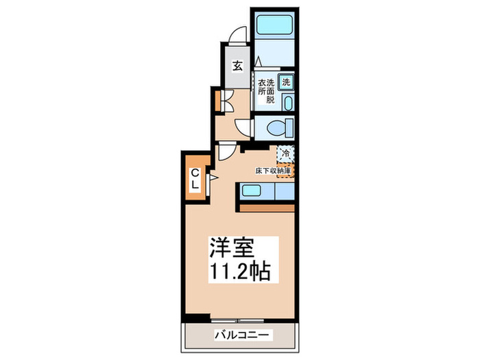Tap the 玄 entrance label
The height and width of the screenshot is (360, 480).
[237, 67]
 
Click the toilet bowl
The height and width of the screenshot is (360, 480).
[277, 128]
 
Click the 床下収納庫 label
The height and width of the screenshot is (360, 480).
[274, 169]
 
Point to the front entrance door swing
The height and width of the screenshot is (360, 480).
[237, 34]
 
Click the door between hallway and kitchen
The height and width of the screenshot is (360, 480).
[227, 152]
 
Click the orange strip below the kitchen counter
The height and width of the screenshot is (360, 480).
[267, 205]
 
